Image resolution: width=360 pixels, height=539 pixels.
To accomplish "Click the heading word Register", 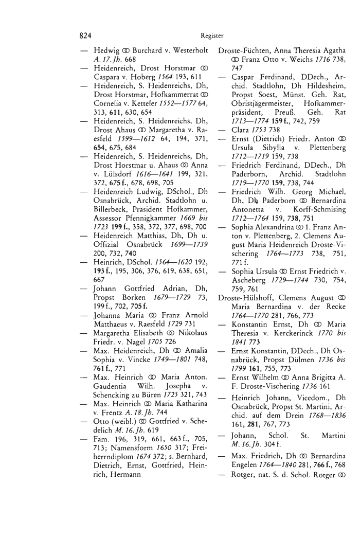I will [212, 37].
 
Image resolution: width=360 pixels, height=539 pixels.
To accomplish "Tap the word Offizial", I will [108, 216].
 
